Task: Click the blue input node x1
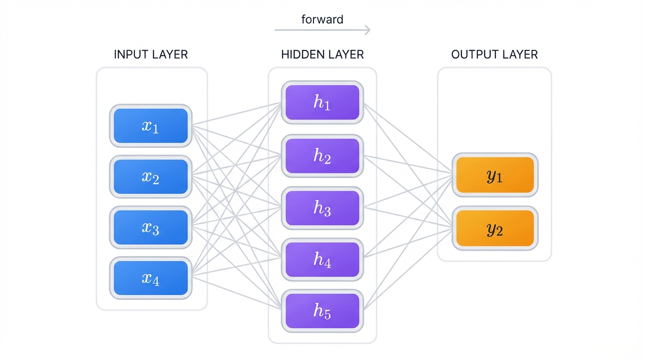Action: (150, 126)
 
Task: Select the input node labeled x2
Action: (150, 177)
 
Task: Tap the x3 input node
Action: (150, 227)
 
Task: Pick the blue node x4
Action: (150, 278)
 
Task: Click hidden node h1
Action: (322, 103)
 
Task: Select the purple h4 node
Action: (322, 260)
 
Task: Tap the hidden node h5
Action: (322, 311)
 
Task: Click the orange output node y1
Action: (495, 175)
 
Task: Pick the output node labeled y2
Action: (495, 228)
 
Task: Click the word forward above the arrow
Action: (322, 19)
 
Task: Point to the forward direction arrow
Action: (322, 30)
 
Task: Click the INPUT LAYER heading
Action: (150, 54)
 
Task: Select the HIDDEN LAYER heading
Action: (322, 54)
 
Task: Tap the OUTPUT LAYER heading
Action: (495, 54)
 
